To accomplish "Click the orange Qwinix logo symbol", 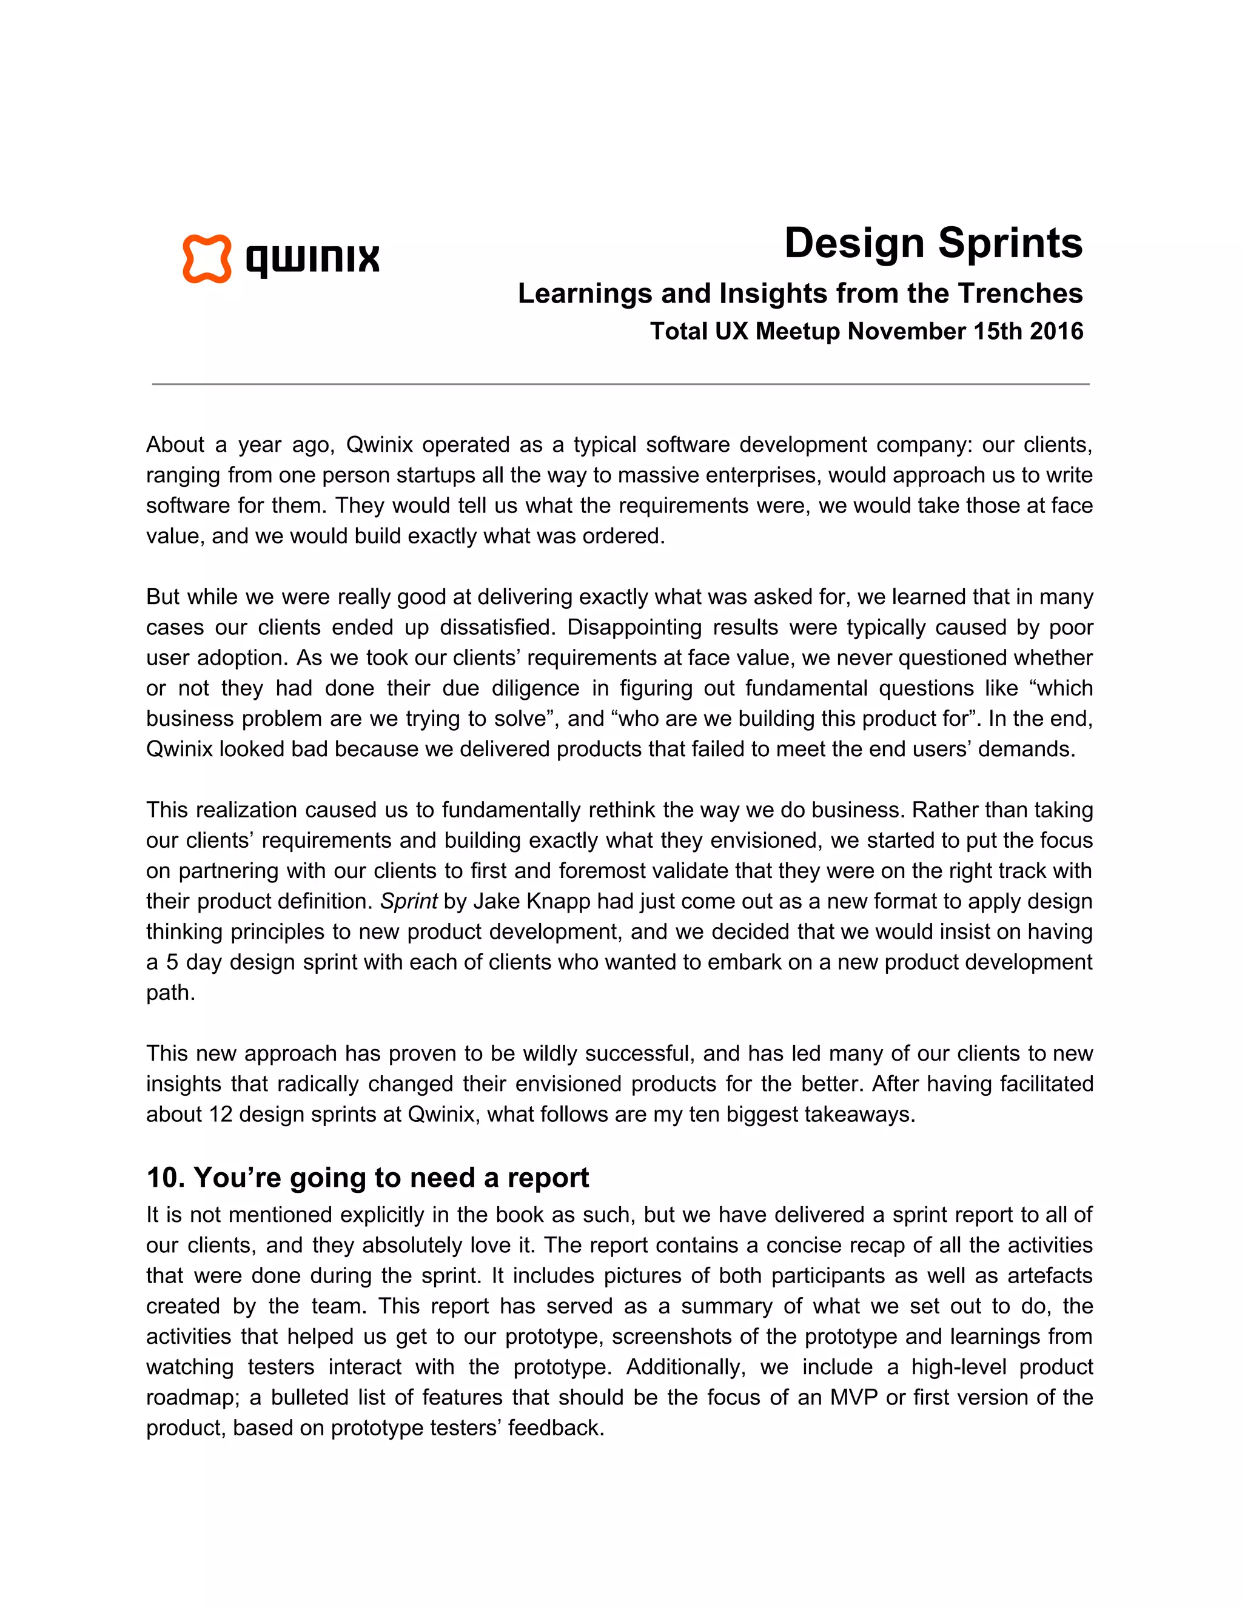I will (207, 259).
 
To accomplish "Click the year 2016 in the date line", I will (1056, 331).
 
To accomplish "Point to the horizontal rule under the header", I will (620, 384).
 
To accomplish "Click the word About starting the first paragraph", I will (175, 445).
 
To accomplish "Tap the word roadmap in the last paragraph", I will (190, 1397).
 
